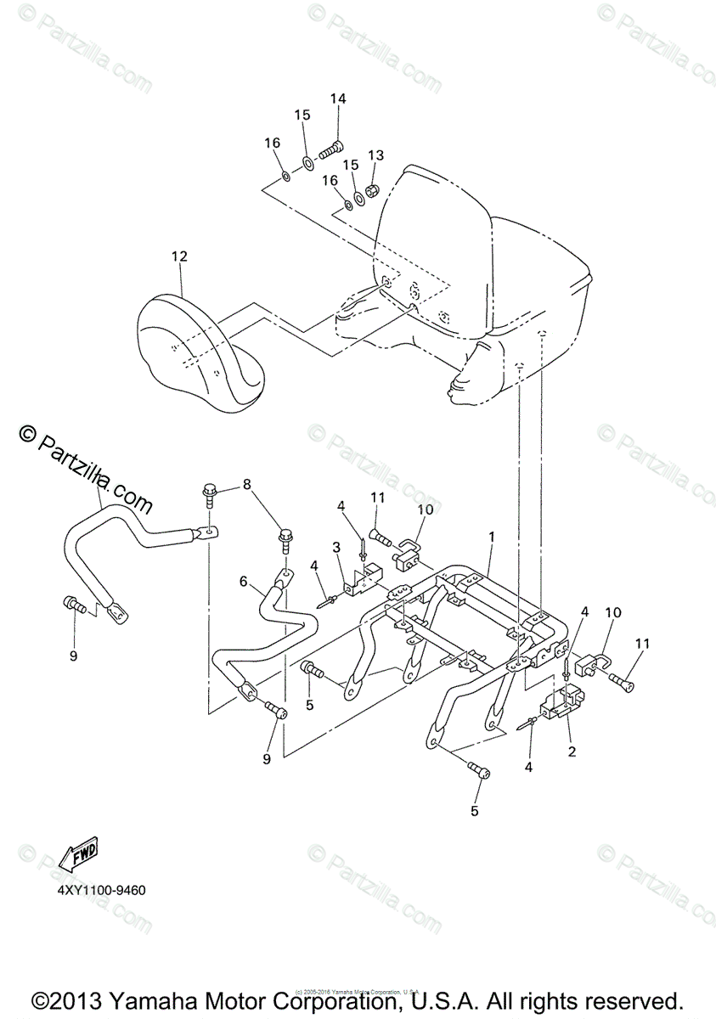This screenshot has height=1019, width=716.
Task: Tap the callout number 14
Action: pos(338,99)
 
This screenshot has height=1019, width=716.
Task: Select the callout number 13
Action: pos(375,155)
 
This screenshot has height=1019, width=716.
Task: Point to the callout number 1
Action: pos(491,537)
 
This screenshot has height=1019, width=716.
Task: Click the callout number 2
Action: pos(571,752)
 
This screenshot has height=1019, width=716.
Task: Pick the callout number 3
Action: pos(336,545)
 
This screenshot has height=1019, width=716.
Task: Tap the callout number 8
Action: pos(247,485)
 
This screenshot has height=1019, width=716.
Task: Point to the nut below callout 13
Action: pos(372,188)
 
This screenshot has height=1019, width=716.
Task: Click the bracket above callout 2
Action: pos(561,703)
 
